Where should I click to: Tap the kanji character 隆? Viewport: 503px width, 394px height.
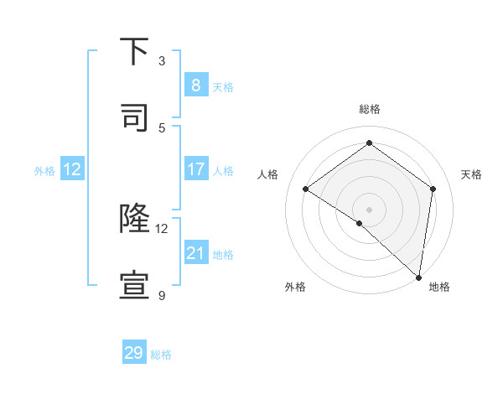pyautogui.click(x=135, y=219)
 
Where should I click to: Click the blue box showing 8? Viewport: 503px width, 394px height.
pyautogui.click(x=195, y=85)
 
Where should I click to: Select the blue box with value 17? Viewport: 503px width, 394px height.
pyautogui.click(x=195, y=169)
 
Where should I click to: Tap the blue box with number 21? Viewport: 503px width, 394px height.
pyautogui.click(x=195, y=252)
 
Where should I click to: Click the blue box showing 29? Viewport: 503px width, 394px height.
pyautogui.click(x=134, y=353)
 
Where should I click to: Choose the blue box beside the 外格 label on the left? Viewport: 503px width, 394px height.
pyautogui.click(x=72, y=169)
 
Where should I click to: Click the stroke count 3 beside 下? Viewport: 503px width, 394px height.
pyautogui.click(x=162, y=61)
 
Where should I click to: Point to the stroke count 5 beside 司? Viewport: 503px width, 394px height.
pyautogui.click(x=162, y=127)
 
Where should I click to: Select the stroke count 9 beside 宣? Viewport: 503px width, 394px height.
pyautogui.click(x=162, y=295)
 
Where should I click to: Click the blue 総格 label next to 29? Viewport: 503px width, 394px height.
pyautogui.click(x=161, y=355)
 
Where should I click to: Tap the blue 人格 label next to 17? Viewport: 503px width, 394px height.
pyautogui.click(x=223, y=171)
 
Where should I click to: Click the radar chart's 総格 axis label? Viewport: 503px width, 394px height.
pyautogui.click(x=370, y=109)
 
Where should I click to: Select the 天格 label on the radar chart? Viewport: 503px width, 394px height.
pyautogui.click(x=471, y=174)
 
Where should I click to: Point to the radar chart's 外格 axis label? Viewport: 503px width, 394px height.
pyautogui.click(x=295, y=287)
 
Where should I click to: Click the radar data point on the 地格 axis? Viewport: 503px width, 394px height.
pyautogui.click(x=419, y=276)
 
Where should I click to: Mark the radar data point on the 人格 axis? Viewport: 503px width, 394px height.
pyautogui.click(x=306, y=189)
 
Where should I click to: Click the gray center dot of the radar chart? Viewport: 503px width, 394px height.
pyautogui.click(x=369, y=209)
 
